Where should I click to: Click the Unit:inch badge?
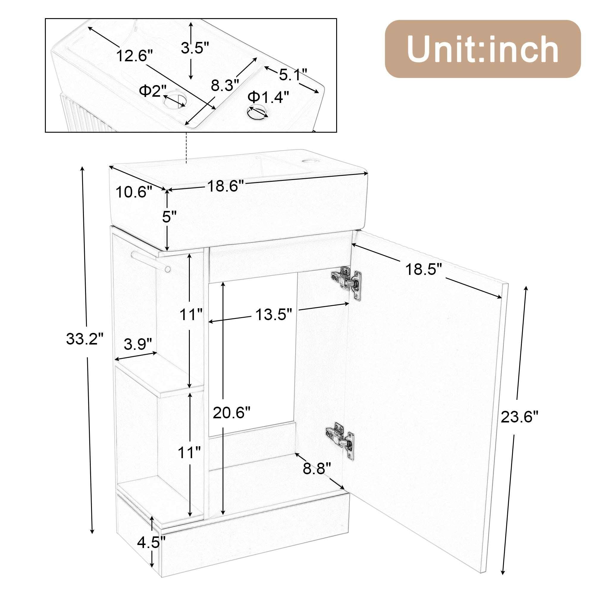click(483, 49)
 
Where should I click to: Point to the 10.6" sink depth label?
click(134, 192)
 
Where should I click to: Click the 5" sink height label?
click(169, 217)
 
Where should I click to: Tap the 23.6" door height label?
click(519, 418)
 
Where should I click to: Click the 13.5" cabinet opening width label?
click(273, 315)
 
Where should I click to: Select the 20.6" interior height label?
click(231, 413)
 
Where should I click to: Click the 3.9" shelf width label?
click(138, 344)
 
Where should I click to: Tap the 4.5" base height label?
click(151, 551)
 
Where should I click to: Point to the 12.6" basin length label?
click(134, 56)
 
